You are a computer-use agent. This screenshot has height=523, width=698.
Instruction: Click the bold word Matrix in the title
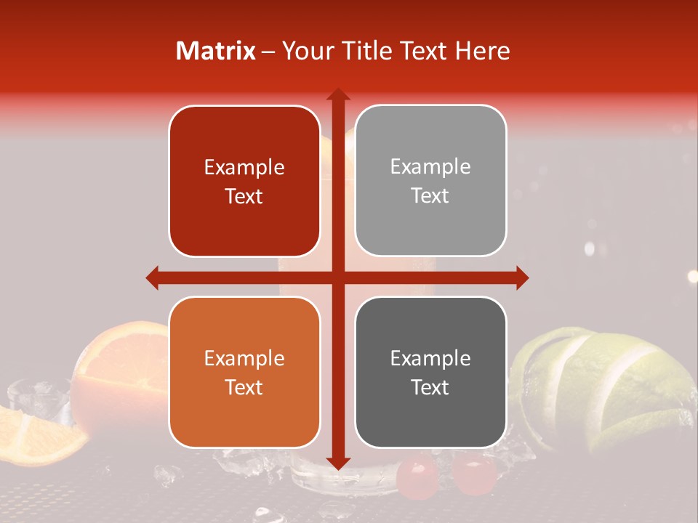pyautogui.click(x=216, y=51)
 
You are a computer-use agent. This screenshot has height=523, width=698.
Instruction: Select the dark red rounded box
pyautogui.click(x=244, y=182)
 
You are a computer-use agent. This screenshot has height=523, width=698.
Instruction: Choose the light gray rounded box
pyautogui.click(x=430, y=181)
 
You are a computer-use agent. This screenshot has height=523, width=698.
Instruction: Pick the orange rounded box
pyautogui.click(x=244, y=372)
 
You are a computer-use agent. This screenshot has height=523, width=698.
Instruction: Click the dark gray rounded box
pyautogui.click(x=430, y=372)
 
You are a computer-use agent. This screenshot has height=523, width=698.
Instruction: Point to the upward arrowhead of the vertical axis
pyautogui.click(x=337, y=94)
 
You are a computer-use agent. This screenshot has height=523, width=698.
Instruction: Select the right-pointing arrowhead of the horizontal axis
pyautogui.click(x=521, y=277)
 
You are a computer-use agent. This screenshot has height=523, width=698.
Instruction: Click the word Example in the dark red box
pyautogui.click(x=244, y=168)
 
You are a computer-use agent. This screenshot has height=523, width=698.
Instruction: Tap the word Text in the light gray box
pyautogui.click(x=430, y=195)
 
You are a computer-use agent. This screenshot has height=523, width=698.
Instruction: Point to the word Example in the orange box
pyautogui.click(x=244, y=358)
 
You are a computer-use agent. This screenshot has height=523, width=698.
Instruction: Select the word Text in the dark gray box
pyautogui.click(x=430, y=387)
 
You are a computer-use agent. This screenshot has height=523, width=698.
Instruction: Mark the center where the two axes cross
pyautogui.click(x=337, y=277)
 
